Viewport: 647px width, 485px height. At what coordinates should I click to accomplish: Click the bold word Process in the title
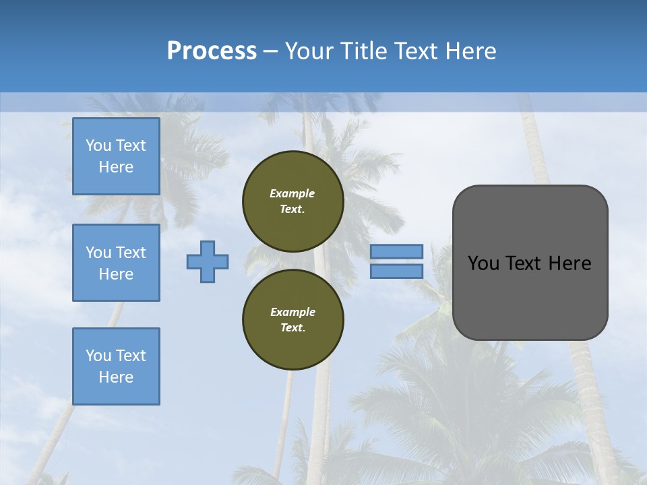click(x=212, y=51)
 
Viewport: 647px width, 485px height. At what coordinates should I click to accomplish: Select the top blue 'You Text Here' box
click(x=116, y=156)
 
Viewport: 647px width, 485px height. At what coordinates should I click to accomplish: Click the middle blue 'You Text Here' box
click(x=116, y=263)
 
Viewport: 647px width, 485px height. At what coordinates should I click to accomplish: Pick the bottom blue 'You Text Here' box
click(x=116, y=366)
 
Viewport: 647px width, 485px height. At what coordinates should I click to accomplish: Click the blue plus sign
click(x=208, y=261)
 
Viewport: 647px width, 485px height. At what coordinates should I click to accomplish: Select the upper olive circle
click(x=293, y=201)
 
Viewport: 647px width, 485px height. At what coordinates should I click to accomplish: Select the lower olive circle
click(x=293, y=320)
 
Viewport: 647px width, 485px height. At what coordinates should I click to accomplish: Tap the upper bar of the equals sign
click(x=396, y=251)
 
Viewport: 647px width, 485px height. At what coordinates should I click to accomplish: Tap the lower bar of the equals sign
click(x=396, y=271)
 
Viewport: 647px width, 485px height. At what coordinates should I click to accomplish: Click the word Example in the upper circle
click(x=292, y=193)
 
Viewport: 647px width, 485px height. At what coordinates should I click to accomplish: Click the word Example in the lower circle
click(x=292, y=312)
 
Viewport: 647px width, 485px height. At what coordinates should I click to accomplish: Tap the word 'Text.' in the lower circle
click(x=292, y=328)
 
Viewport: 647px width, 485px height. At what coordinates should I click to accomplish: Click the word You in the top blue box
click(x=98, y=145)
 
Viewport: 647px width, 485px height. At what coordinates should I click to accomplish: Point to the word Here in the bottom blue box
click(x=116, y=377)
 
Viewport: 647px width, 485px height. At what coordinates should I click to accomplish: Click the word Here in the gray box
click(x=569, y=263)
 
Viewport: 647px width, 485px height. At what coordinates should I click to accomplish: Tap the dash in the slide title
click(x=271, y=51)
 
